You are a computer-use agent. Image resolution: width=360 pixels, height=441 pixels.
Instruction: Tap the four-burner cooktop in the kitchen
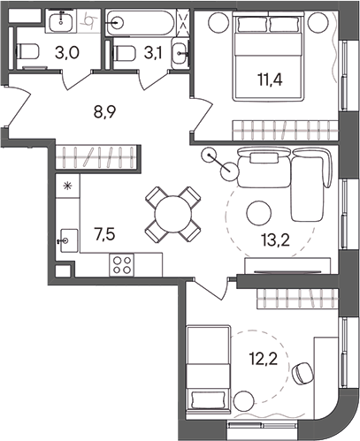click(122, 263)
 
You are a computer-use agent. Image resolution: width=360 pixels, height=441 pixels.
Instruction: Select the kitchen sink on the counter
click(66, 237)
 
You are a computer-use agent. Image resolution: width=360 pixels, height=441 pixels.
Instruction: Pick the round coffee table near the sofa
click(257, 212)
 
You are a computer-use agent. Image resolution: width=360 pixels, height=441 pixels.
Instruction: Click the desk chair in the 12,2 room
click(303, 373)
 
